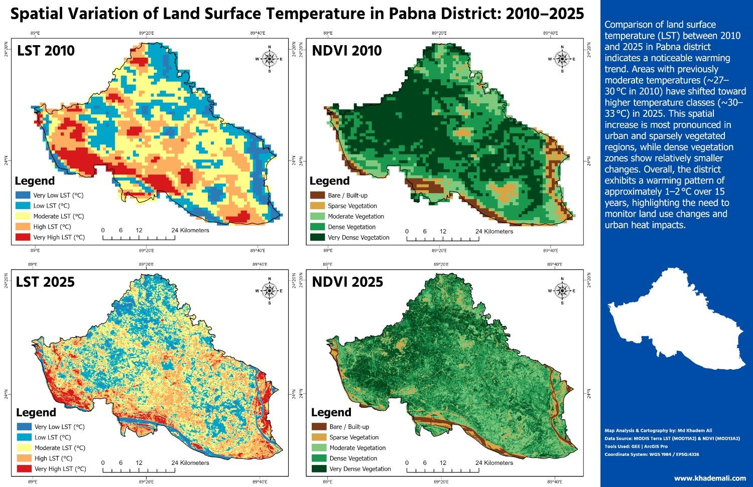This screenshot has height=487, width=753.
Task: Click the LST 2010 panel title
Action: point(46,51)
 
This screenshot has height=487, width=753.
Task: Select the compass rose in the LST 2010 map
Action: point(269,59)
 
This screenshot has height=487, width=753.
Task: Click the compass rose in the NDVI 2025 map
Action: point(562,290)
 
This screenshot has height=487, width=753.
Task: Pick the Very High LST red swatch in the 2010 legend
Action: point(23,237)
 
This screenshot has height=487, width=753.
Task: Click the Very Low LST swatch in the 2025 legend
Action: point(23,427)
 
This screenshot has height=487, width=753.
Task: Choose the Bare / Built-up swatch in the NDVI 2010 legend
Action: point(317,195)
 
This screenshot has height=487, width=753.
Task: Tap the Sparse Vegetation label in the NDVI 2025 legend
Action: point(354,437)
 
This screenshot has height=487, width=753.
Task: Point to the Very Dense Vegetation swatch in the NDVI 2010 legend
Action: point(317,237)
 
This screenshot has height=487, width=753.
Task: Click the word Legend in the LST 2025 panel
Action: point(36,413)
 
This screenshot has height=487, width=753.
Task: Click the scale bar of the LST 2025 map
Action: point(139,470)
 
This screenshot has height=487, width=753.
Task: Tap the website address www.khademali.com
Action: point(710,478)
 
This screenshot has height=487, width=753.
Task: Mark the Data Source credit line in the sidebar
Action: point(672,438)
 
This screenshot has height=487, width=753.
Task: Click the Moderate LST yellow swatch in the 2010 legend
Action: point(23,216)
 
